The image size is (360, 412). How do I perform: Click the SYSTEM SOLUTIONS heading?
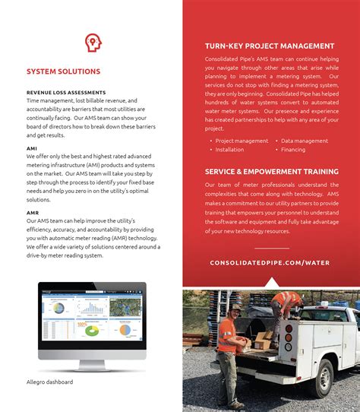63,71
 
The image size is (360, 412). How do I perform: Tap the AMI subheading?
32,149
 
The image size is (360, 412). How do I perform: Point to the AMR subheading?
33,213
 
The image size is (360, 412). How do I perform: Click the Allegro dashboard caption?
49,382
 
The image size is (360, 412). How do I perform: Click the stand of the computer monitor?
92,354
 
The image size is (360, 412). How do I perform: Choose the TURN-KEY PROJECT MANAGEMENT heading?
270,46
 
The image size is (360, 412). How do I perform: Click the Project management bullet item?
242,141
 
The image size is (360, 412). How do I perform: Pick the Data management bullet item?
304,141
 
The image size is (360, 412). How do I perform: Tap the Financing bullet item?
293,150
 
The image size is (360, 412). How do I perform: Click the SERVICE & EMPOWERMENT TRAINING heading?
271,172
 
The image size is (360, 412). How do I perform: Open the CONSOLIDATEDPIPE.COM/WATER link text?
270,263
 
